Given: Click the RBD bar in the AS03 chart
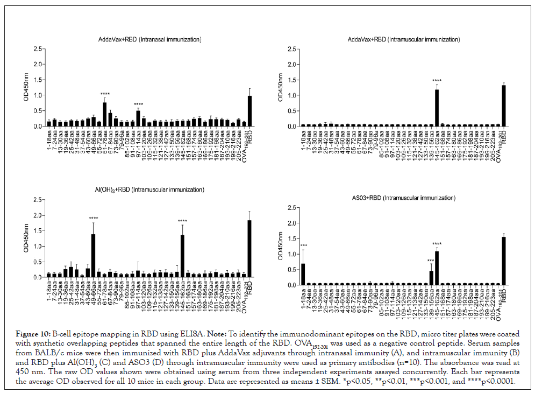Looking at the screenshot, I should tap(504, 261).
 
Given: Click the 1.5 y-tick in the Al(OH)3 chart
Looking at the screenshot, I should tap(36, 231).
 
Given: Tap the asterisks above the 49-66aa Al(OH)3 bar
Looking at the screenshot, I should tap(94, 218).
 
